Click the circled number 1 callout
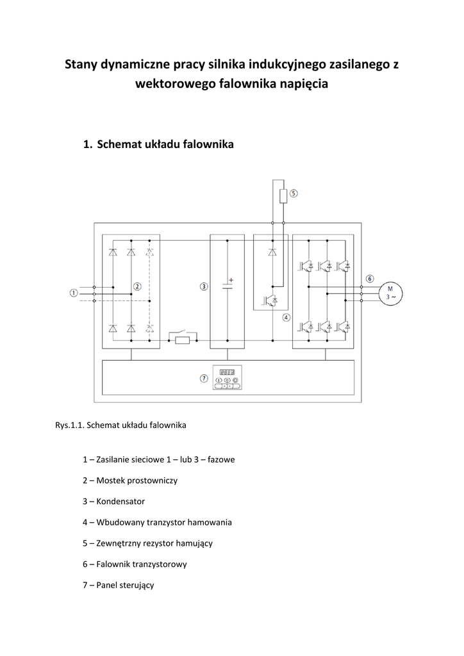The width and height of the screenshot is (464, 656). (74, 293)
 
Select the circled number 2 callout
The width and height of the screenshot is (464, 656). (137, 286)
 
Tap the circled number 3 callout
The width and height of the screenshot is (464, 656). (204, 286)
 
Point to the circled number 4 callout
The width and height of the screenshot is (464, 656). (286, 318)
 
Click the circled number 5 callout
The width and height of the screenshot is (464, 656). (294, 193)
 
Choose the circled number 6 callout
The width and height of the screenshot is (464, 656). (370, 279)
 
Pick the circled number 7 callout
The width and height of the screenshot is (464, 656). (204, 378)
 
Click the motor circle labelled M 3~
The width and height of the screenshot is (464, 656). (390, 293)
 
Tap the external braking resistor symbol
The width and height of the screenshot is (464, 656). (283, 196)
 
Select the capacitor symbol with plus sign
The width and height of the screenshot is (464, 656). (228, 285)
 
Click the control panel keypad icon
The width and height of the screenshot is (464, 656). (227, 377)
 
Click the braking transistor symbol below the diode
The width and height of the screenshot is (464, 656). (269, 300)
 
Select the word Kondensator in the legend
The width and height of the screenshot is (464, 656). (120, 501)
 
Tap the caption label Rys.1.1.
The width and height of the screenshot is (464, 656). (70, 425)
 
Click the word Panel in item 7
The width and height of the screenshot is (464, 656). (106, 585)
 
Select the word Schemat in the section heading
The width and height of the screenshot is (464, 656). (119, 144)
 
